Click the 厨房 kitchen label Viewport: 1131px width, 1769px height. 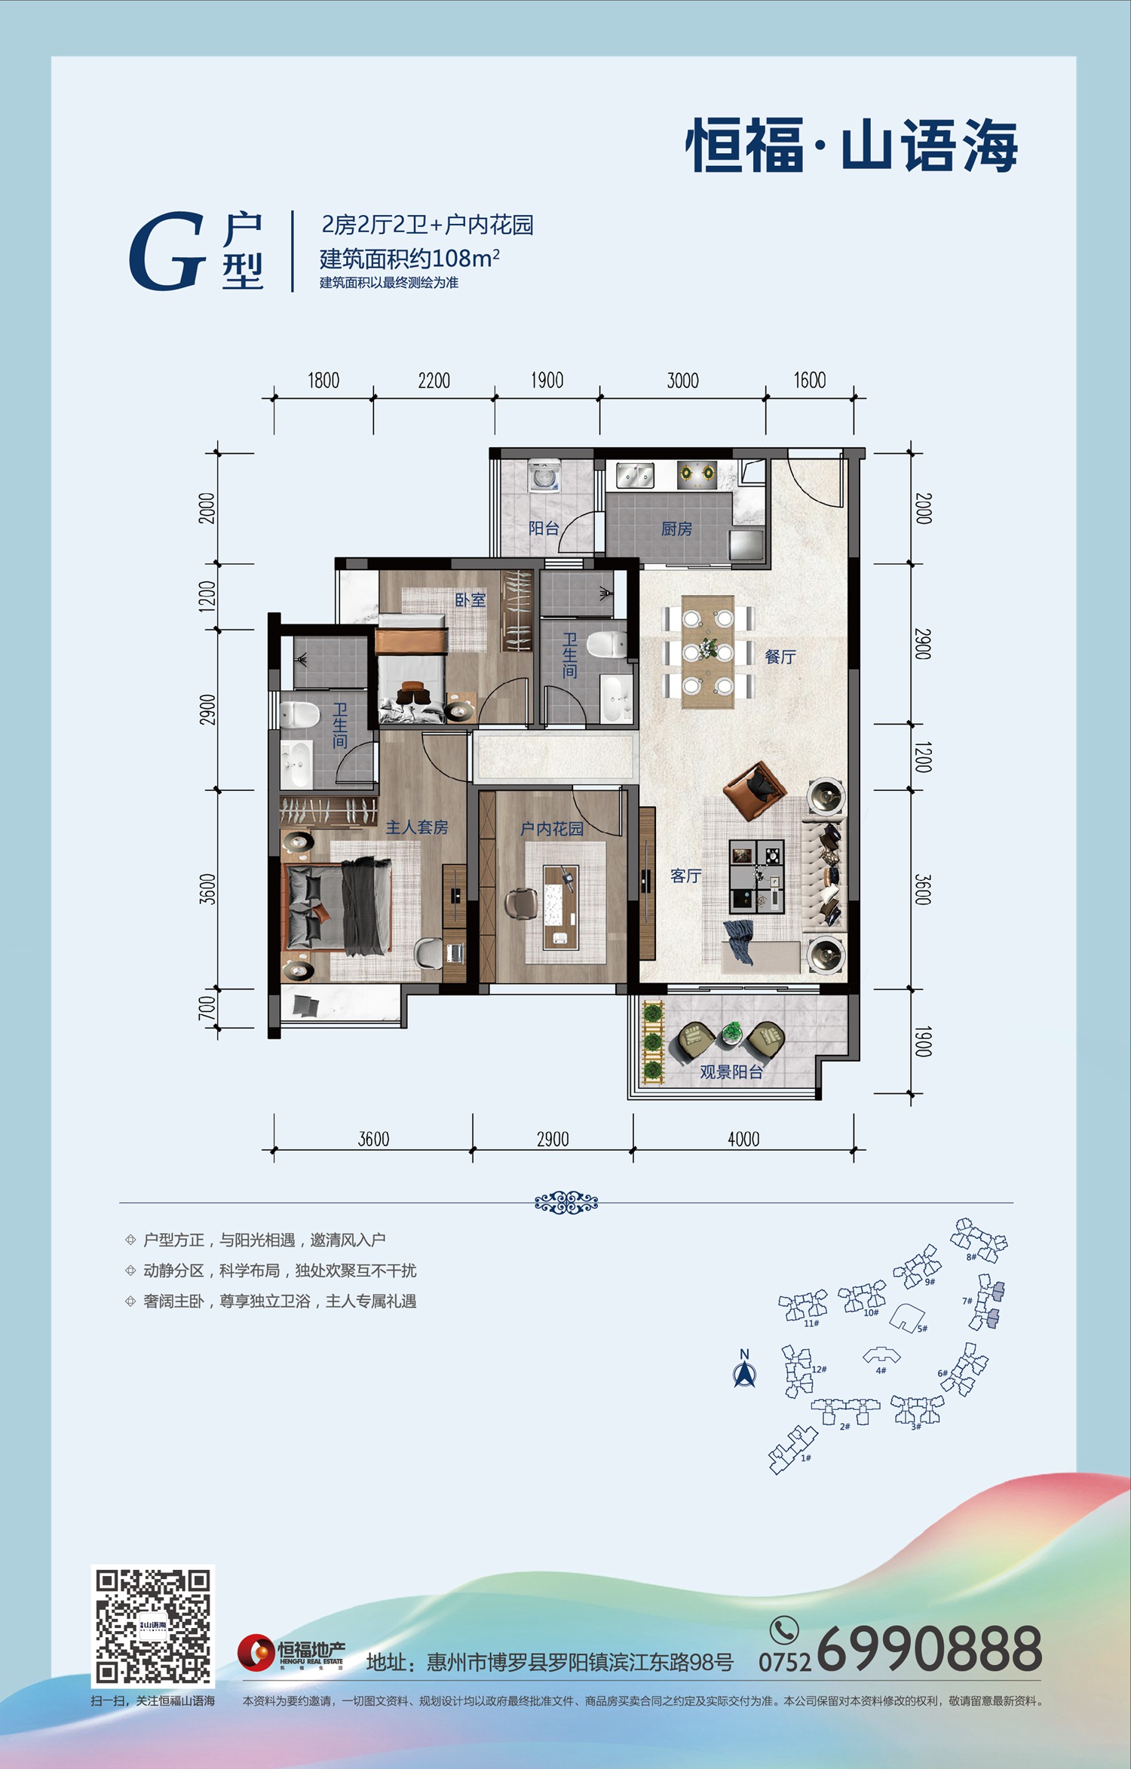[676, 529]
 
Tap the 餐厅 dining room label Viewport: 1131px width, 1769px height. [780, 657]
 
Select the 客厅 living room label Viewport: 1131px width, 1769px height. [685, 875]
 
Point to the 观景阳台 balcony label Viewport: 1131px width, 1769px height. [731, 1072]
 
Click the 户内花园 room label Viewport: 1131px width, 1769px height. [552, 829]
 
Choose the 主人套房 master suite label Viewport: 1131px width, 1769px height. [417, 827]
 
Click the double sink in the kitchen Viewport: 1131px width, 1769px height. [636, 475]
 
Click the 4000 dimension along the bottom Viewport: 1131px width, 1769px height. [743, 1139]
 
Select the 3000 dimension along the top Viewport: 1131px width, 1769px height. [682, 381]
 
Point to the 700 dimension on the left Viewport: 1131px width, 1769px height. [207, 1009]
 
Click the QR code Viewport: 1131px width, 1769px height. [153, 1626]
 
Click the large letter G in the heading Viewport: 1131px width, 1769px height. [167, 251]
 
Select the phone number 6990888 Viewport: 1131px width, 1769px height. [929, 1649]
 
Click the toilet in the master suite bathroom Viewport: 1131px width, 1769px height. [299, 714]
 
